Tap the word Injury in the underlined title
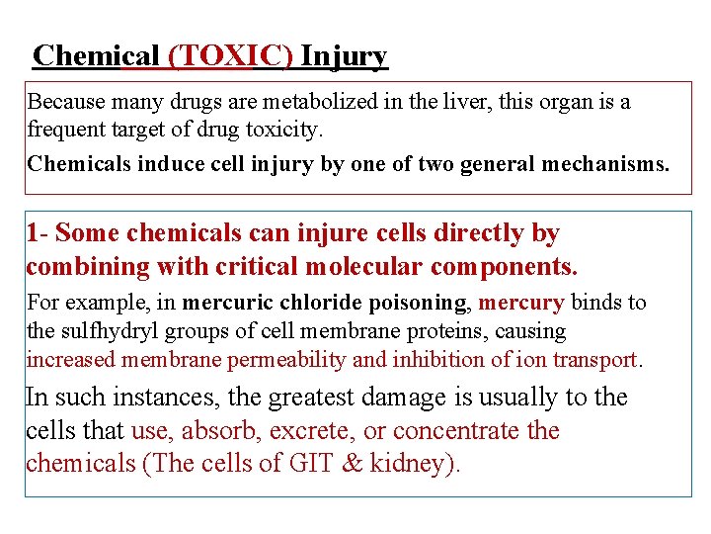(345, 56)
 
